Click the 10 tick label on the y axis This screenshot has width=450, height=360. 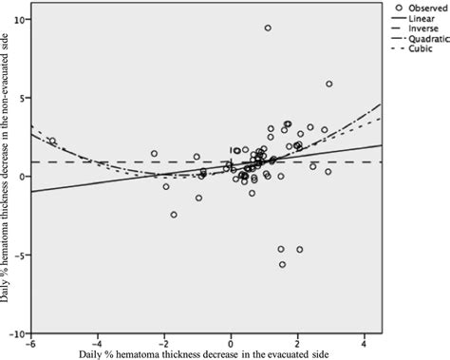(19, 20)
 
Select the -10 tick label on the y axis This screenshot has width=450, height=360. (17, 333)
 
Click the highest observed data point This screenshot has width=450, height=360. (268, 28)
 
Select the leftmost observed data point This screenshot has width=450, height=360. (52, 141)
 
